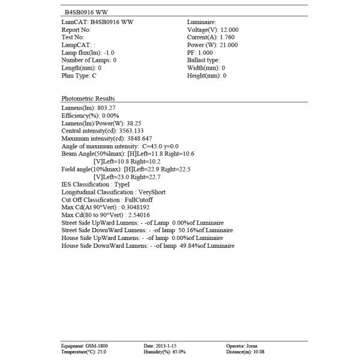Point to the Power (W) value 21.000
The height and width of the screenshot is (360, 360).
(228, 45)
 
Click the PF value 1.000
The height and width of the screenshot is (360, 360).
(205, 53)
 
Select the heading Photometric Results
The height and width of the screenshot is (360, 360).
(88, 98)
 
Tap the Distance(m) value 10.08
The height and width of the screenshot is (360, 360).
(259, 352)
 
